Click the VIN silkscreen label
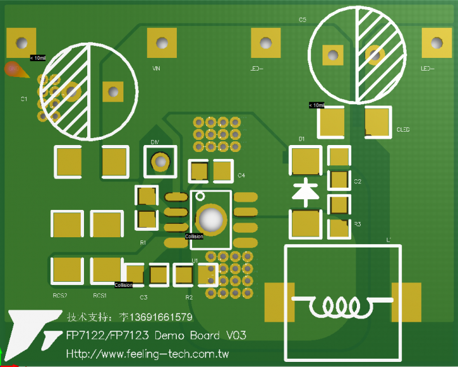(156, 68)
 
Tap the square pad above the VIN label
(162, 43)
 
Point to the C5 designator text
(302, 20)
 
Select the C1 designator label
(24, 99)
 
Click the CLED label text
(403, 130)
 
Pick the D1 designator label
(302, 138)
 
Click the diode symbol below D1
(306, 191)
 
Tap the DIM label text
(155, 141)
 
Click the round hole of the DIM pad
(161, 162)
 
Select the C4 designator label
(242, 175)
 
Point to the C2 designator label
(357, 182)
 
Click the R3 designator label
(357, 225)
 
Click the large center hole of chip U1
(211, 219)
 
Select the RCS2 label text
(60, 296)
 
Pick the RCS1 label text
(99, 296)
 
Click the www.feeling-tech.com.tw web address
(148, 354)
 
